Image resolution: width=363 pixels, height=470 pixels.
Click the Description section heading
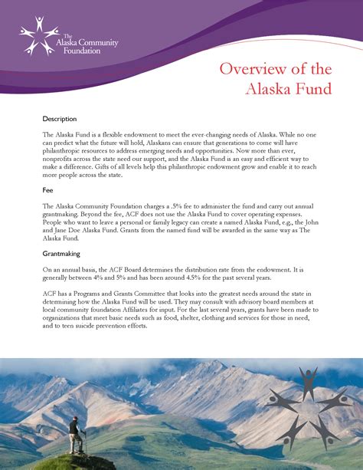pos(60,120)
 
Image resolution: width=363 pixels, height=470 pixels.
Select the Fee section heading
pos(48,189)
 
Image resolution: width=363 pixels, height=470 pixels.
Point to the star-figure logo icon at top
pos(36,35)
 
